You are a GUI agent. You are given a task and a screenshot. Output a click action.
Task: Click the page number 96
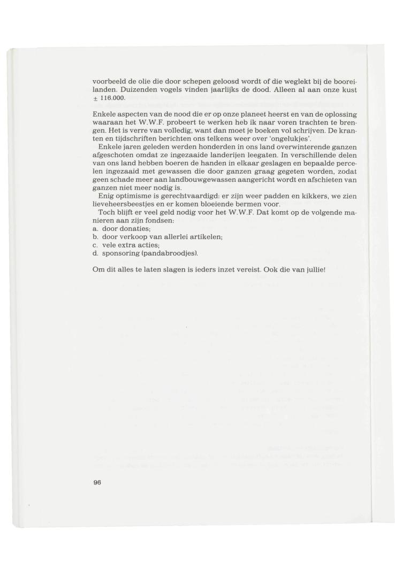pyautogui.click(x=97, y=482)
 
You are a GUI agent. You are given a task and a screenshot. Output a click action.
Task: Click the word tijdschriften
pyautogui.click(x=128, y=138)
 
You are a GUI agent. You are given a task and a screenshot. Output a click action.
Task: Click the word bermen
pyautogui.click(x=250, y=204)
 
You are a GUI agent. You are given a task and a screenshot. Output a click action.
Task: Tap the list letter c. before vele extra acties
pyautogui.click(x=95, y=244)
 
